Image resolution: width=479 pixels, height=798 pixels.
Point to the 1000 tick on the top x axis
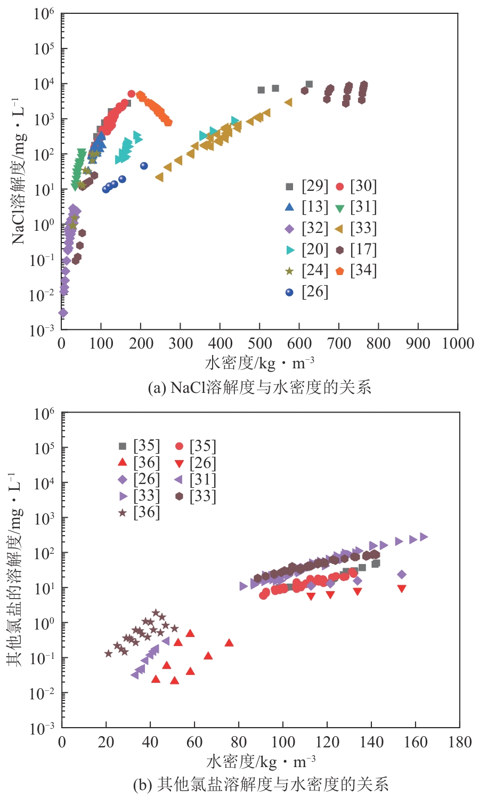pos(458,343)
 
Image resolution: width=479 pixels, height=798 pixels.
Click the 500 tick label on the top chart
pos(260,343)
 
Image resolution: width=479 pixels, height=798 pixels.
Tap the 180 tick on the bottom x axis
pos(459,742)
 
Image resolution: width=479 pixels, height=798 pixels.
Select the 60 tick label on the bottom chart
pos(194,742)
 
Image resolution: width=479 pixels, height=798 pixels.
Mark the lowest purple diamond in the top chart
pos(63,313)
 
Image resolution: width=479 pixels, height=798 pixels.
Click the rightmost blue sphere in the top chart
pos(144,166)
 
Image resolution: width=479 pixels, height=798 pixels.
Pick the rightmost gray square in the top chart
pos(309,84)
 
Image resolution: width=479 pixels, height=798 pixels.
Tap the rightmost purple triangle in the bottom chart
pos(424,537)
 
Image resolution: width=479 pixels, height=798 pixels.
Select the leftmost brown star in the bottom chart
pos(108,654)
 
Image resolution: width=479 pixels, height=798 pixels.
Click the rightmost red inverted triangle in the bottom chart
pos(402,589)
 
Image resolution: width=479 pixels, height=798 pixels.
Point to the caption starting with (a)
pos(259,388)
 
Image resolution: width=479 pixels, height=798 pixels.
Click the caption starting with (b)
pos(261,785)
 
